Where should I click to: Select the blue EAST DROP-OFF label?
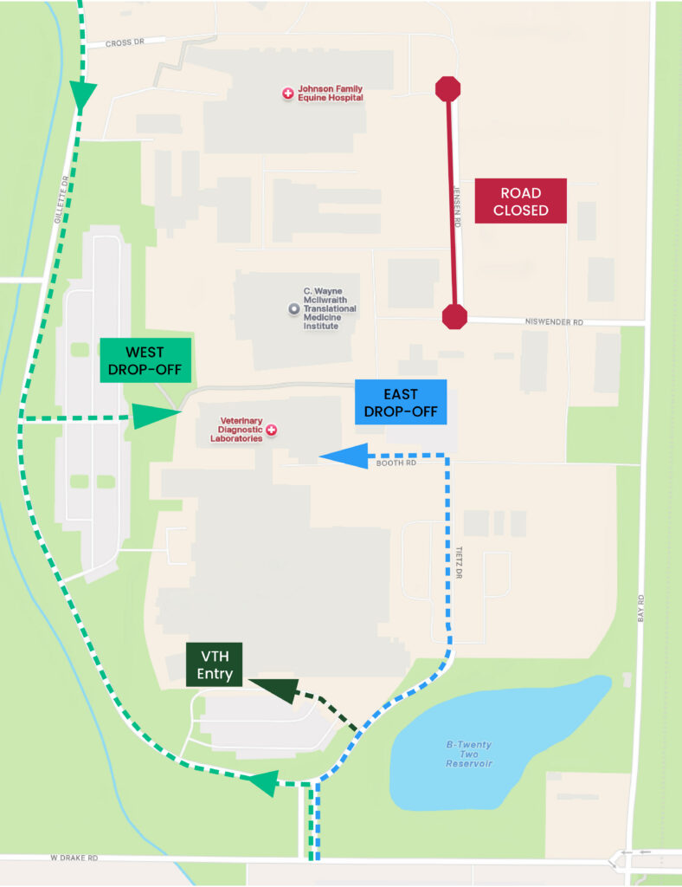tap(401, 402)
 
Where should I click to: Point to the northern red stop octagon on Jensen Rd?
tap(447, 88)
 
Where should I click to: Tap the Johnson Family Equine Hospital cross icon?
tap(287, 93)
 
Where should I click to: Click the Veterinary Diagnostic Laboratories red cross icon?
tap(271, 430)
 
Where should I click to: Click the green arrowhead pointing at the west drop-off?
tap(156, 416)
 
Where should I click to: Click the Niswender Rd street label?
tap(555, 322)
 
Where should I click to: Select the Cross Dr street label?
tap(123, 42)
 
